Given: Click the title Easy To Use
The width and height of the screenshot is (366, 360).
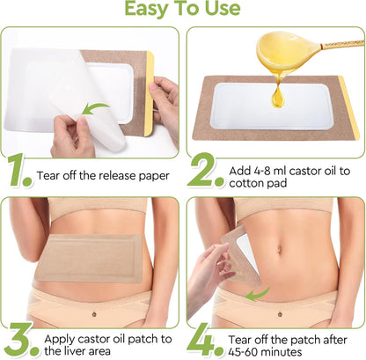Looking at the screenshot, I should click(x=183, y=10).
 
